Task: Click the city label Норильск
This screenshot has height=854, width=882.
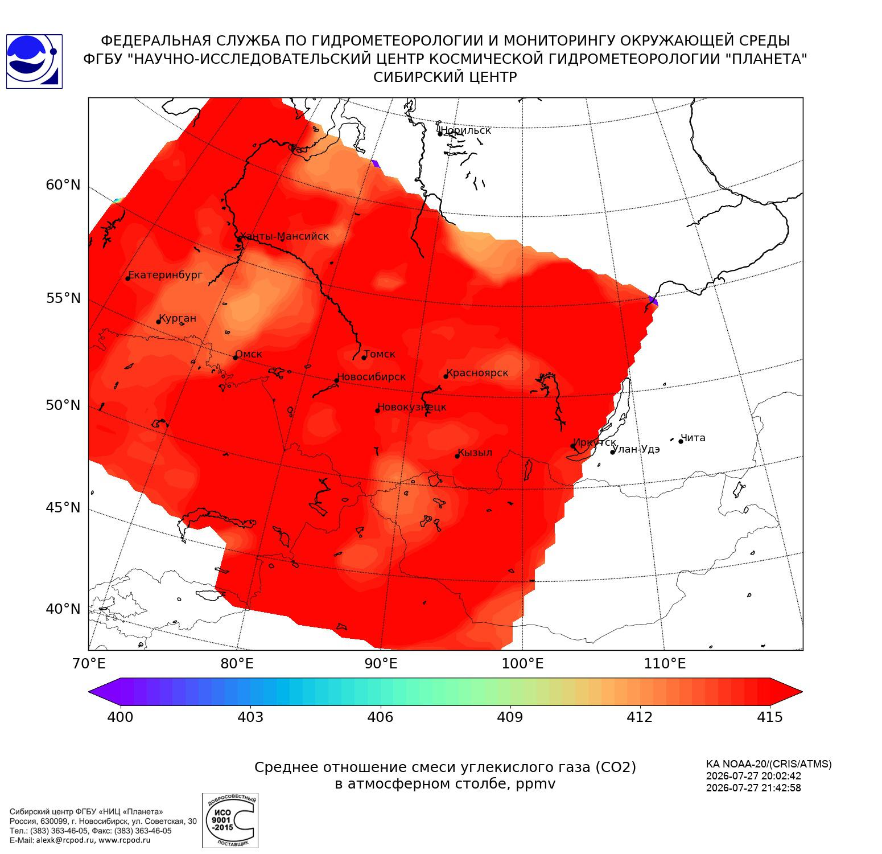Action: pos(465,130)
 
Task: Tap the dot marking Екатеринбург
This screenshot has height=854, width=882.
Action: pos(128,278)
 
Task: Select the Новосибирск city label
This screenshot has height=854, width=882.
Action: pos(372,377)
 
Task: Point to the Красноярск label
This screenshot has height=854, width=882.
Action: pos(477,373)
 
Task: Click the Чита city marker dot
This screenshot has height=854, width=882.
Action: pos(681,441)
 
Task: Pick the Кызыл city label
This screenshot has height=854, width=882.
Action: pos(475,453)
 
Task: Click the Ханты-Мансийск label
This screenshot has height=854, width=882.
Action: pos(284,236)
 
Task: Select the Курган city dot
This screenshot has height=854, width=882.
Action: pos(159,322)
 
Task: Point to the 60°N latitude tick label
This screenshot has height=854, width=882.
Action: pos(63,185)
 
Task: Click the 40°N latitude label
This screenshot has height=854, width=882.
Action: pos(63,609)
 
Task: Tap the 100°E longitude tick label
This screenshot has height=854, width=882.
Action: pos(522,664)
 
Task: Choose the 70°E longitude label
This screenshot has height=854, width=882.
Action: pos(89,664)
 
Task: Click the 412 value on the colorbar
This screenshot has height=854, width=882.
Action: pos(640,717)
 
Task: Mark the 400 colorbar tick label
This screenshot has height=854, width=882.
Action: pos(120,717)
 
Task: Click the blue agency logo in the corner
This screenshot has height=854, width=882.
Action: pos(34,61)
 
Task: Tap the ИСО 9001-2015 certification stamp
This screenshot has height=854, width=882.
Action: pos(230,820)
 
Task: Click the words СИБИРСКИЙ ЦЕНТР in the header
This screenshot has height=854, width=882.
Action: pos(445,77)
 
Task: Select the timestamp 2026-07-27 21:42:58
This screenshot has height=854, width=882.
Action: pos(753,788)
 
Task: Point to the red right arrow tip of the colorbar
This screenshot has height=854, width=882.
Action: pos(802,692)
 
